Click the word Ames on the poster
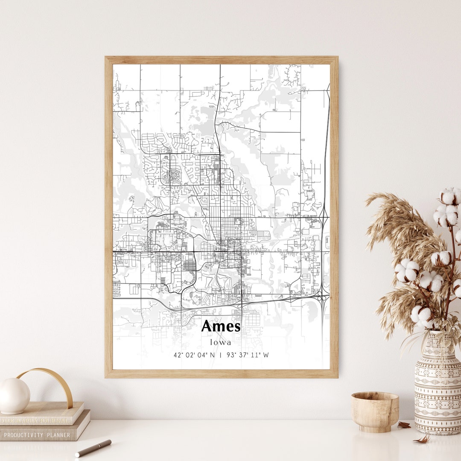click(221, 327)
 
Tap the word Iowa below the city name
click(221, 342)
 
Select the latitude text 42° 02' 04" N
click(194, 355)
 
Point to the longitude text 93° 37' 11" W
click(248, 355)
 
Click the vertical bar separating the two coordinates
click(220, 355)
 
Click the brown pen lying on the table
click(93, 448)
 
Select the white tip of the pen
click(78, 454)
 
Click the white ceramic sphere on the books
click(14, 396)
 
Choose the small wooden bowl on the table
click(375, 412)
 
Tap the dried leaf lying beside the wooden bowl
click(404, 425)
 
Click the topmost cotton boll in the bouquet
click(450, 196)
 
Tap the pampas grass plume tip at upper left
click(369, 197)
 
